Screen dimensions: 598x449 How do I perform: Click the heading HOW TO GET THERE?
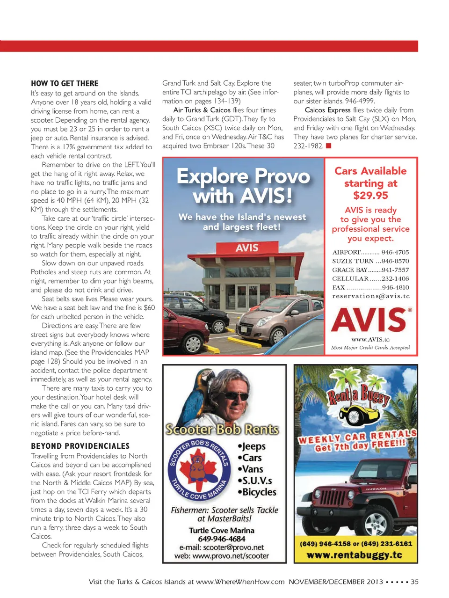tap(65, 84)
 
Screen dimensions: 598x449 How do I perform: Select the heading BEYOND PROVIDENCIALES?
tap(80, 446)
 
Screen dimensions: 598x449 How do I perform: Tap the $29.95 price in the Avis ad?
tap(370, 196)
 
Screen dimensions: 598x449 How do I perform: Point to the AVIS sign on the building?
tap(247, 248)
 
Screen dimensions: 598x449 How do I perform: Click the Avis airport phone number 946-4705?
tap(395, 252)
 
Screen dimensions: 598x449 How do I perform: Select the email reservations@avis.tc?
tap(371, 296)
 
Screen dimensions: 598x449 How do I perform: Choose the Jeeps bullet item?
tap(252, 446)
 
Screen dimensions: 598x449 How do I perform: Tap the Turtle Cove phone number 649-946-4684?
tap(222, 539)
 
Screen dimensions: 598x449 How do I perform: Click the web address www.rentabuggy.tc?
tap(355, 555)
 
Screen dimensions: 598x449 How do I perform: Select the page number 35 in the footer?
tap(414, 582)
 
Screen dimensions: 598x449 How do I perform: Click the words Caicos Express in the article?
tap(327, 110)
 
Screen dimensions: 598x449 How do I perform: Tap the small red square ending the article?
tap(329, 146)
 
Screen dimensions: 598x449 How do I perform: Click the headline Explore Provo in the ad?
tap(243, 176)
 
